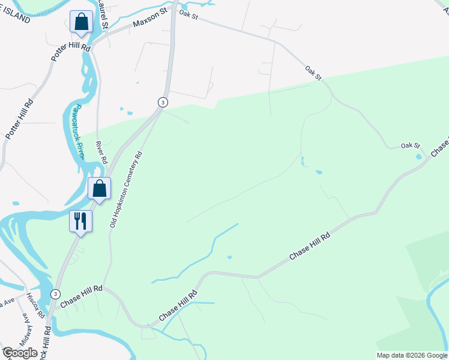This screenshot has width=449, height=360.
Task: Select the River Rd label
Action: (x=101, y=153)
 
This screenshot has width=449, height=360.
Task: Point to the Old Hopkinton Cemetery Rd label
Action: (x=126, y=189)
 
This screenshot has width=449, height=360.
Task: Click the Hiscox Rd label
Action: (x=38, y=306)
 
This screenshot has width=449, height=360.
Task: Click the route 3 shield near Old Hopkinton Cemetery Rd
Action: (x=162, y=102)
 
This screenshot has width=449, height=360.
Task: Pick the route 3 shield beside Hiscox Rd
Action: (x=55, y=293)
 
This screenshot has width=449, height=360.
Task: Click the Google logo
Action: (x=20, y=353)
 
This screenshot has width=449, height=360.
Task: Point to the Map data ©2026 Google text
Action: (x=412, y=355)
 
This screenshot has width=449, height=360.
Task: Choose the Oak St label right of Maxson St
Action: (x=188, y=16)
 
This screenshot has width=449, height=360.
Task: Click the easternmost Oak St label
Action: (x=410, y=146)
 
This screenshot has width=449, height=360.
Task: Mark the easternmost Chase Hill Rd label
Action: (x=310, y=247)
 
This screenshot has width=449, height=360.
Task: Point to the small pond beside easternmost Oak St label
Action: (x=418, y=157)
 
